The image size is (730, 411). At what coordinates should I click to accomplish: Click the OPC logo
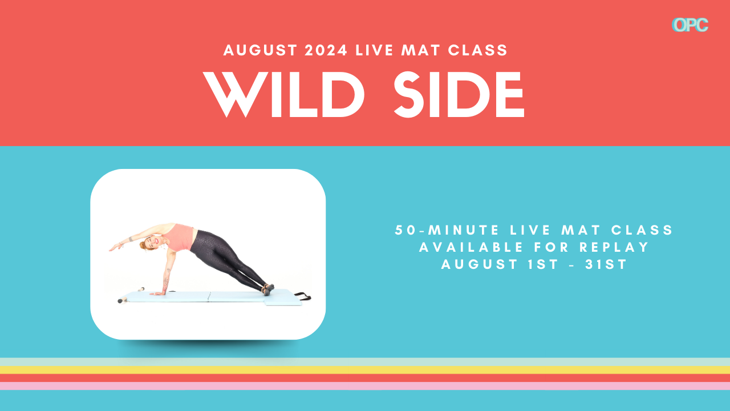690,25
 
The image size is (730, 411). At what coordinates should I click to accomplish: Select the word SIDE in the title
459,94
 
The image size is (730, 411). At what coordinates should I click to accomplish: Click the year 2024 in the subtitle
326,50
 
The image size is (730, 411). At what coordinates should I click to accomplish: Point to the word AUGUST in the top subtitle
260,50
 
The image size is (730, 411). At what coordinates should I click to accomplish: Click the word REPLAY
614,247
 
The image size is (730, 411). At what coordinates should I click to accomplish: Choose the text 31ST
606,264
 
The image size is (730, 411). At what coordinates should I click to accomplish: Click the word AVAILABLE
471,247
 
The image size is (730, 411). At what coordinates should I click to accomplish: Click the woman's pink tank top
181,237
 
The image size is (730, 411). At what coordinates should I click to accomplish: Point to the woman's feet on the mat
268,289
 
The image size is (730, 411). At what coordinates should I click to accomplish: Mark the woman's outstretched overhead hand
114,248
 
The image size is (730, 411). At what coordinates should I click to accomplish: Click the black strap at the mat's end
303,296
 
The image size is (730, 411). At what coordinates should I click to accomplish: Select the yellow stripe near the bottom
365,370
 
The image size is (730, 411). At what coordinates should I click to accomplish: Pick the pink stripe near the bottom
365,386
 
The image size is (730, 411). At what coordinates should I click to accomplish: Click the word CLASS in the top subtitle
478,50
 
